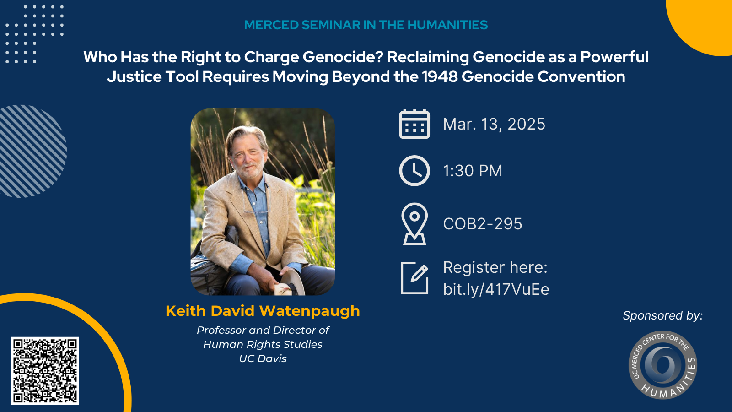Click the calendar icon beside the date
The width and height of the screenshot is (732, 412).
pyautogui.click(x=414, y=124)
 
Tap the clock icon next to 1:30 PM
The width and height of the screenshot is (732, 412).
pyautogui.click(x=414, y=171)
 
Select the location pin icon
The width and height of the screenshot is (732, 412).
pyautogui.click(x=414, y=224)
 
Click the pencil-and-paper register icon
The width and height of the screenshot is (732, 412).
pyautogui.click(x=414, y=278)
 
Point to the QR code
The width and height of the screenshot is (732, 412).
pyautogui.click(x=45, y=370)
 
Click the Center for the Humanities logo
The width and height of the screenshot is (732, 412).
pyautogui.click(x=663, y=365)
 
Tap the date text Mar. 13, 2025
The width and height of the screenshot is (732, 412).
pyautogui.click(x=494, y=124)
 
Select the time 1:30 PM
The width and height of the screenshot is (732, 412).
pyautogui.click(x=473, y=171)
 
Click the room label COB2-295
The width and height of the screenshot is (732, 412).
pyautogui.click(x=483, y=224)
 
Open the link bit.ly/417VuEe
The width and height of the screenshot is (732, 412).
pyautogui.click(x=496, y=289)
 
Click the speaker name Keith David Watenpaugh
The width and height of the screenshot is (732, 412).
pyautogui.click(x=263, y=311)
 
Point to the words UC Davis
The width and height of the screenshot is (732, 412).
pyautogui.click(x=263, y=359)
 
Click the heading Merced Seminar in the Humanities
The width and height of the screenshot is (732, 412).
pyautogui.click(x=366, y=25)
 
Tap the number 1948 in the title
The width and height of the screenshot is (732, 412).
pyautogui.click(x=440, y=77)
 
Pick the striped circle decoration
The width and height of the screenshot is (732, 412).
pyautogui.click(x=32, y=151)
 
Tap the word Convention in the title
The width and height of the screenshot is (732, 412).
pyautogui.click(x=581, y=77)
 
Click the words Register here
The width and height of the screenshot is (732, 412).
pyautogui.click(x=495, y=267)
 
